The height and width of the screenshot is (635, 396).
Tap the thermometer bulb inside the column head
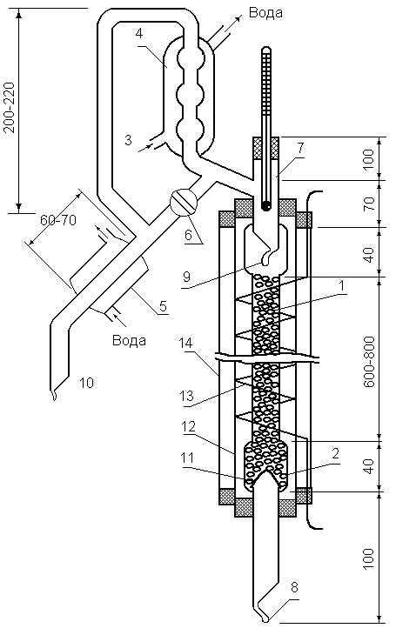(x=266, y=206)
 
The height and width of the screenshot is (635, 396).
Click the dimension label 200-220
(x=10, y=108)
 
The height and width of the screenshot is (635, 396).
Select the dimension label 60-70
(x=58, y=220)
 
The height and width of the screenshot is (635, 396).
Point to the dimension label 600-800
(x=368, y=362)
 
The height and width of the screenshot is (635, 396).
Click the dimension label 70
(x=368, y=205)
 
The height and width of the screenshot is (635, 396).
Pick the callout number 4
(x=139, y=34)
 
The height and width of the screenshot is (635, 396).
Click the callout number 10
(x=86, y=382)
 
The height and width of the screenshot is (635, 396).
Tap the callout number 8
(x=295, y=587)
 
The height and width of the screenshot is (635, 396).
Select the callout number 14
(x=185, y=344)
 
